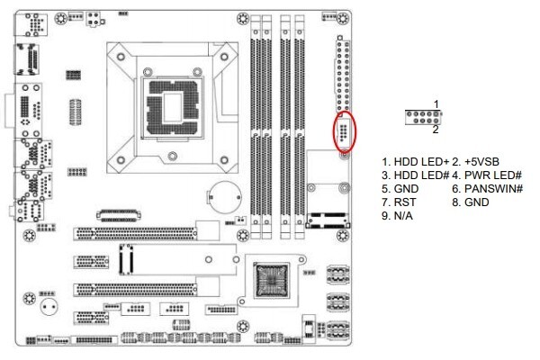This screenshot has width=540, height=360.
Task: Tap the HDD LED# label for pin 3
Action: coord(411,175)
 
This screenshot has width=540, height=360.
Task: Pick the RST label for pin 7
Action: coord(397,202)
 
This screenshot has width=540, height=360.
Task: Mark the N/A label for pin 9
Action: coord(397,216)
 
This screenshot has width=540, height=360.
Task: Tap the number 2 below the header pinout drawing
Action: coord(436,129)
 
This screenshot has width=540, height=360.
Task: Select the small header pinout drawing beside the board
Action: coord(421,117)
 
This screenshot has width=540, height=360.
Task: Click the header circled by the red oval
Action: coord(343,130)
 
